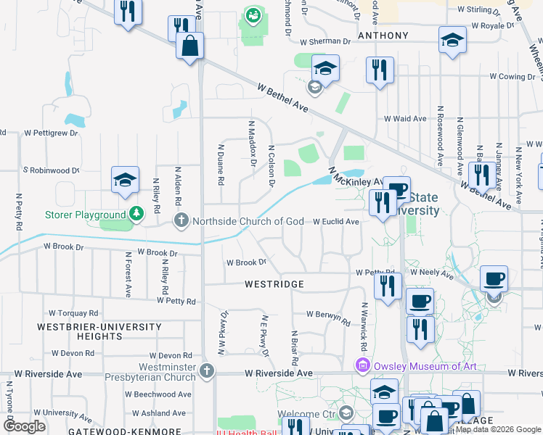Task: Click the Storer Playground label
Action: (85, 215)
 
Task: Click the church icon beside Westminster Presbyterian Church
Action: (207, 371)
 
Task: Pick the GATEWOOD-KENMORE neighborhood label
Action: (114, 431)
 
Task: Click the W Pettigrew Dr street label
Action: (51, 133)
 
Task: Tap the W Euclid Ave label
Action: (336, 221)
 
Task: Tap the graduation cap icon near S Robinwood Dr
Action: (125, 179)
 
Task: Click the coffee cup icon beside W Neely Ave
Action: (494, 278)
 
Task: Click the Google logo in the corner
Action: (25, 426)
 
